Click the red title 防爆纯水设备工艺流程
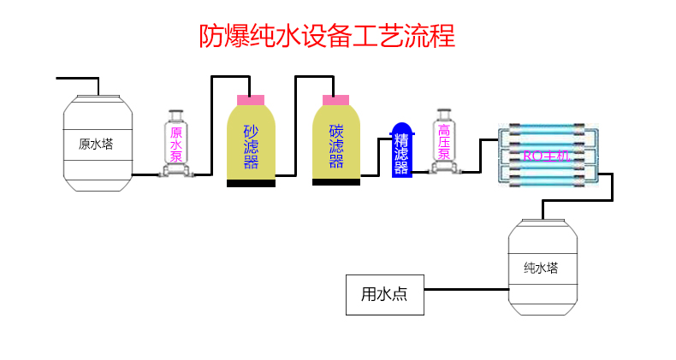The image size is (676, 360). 326,36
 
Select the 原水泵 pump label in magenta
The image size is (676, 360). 176,145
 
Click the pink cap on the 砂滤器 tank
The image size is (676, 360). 251,100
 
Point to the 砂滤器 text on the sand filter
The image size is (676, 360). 251,145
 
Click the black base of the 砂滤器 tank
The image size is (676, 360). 251,183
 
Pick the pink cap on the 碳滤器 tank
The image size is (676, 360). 335,100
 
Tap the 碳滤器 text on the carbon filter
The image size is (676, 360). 335,145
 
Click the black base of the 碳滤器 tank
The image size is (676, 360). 335,182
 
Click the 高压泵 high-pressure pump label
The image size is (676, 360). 444,142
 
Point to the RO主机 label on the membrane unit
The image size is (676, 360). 545,155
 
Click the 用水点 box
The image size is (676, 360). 384,295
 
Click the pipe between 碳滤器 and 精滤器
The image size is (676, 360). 375,174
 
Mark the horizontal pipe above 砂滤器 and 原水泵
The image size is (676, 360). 230,78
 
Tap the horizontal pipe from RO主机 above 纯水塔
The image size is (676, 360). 578,202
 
